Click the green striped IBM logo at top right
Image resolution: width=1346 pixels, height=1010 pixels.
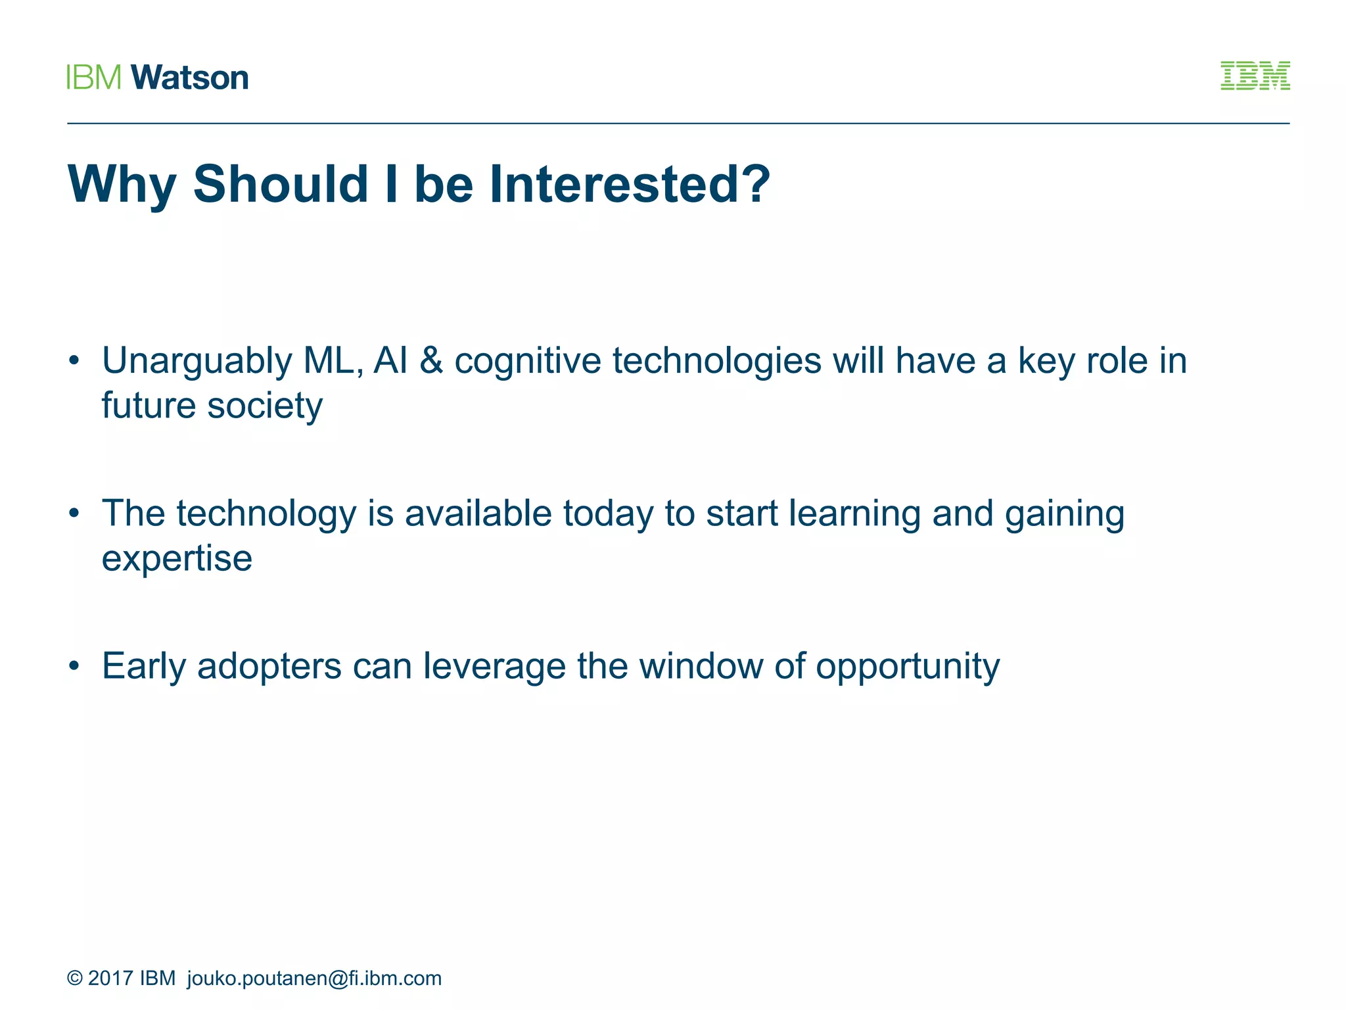tap(1255, 76)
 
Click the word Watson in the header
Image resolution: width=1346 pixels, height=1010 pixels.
tap(190, 78)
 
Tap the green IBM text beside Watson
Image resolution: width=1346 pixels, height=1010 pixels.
tap(94, 78)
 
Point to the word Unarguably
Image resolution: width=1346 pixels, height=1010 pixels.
tap(197, 362)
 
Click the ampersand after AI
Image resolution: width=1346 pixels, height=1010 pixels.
tap(430, 361)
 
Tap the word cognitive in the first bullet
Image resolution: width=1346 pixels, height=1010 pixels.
tap(527, 362)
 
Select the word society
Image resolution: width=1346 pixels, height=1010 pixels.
tap(265, 406)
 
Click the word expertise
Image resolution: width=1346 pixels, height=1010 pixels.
tap(177, 559)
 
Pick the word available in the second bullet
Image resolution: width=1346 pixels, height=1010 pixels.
tap(478, 514)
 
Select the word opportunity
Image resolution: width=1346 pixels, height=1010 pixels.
tap(908, 667)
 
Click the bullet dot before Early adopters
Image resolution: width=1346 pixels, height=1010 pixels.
tap(74, 666)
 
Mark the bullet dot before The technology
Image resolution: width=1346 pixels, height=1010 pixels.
tap(74, 513)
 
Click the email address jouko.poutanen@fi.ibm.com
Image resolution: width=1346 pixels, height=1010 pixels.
tap(314, 978)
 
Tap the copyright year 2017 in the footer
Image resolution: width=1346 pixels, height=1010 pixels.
tap(110, 978)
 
